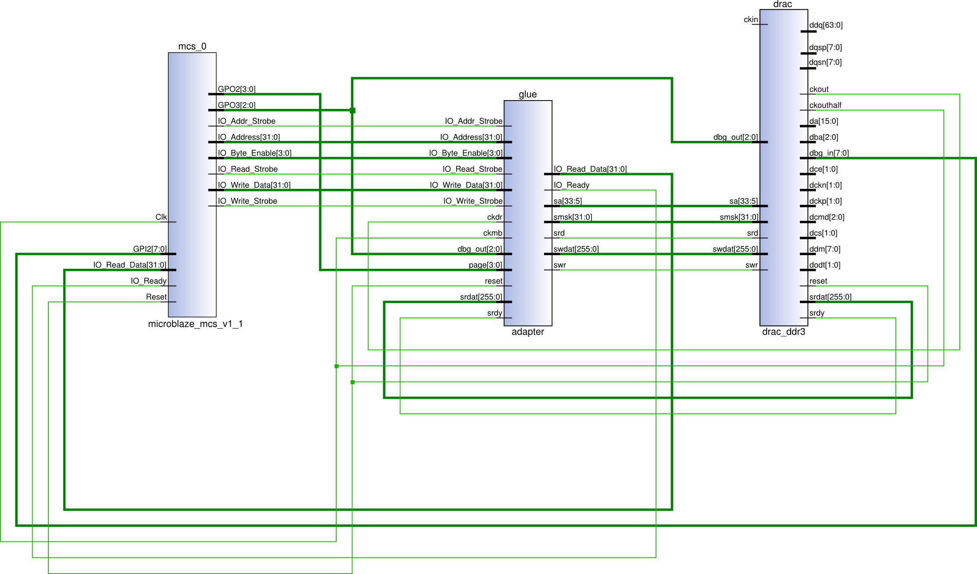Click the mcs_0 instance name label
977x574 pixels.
pos(192,46)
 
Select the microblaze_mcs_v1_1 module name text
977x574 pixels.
pos(195,324)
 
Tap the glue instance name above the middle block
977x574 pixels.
pos(527,94)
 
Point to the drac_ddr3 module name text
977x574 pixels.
pos(784,332)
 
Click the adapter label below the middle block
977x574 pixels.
pos(527,332)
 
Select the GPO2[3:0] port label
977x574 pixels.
pos(236,89)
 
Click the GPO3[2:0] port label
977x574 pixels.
pos(236,105)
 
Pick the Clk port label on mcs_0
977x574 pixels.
pos(161,217)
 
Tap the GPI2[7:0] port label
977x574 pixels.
pos(149,249)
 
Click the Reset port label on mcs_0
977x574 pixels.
pos(156,297)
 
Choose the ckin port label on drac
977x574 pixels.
pos(751,19)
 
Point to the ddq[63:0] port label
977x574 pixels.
pos(826,25)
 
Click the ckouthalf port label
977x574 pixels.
pos(825,105)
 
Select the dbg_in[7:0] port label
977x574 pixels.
pos(829,153)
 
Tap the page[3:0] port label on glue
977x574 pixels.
pos(485,265)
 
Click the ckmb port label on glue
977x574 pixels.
pos(493,233)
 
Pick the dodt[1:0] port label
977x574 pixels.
pos(825,265)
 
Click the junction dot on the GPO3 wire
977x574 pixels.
pos(352,111)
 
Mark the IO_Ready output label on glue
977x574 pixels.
pos(571,185)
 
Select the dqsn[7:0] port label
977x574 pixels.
pos(825,62)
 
